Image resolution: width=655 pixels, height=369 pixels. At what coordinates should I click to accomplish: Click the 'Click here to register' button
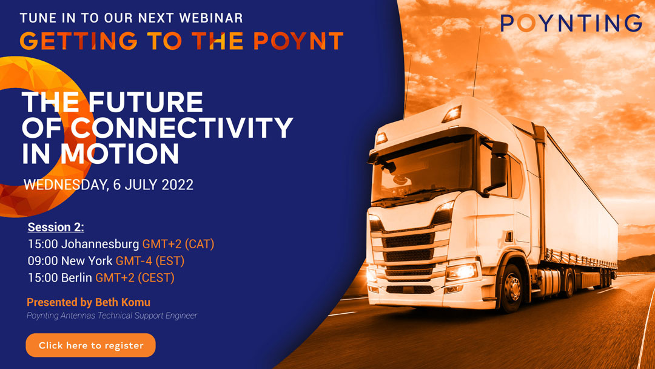point(90,345)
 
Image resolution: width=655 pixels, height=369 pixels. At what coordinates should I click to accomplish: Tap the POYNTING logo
point(571,23)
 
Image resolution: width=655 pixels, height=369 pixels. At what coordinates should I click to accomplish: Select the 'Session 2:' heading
point(56,227)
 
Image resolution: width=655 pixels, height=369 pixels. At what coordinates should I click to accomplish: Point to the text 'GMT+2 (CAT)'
point(178,243)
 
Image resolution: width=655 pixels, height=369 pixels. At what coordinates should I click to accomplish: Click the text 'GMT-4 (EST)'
point(150,261)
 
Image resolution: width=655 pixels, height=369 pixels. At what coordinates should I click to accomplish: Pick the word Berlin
point(76,277)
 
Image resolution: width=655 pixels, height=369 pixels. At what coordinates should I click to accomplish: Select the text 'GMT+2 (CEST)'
point(135,277)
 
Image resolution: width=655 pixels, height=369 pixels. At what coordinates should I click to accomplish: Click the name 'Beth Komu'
point(123,302)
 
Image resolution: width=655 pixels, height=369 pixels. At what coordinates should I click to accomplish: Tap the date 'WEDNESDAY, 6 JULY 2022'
point(108,184)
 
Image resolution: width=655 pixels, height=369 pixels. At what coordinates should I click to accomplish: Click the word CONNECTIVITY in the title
point(182,127)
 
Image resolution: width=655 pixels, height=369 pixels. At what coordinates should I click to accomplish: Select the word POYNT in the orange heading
point(298,41)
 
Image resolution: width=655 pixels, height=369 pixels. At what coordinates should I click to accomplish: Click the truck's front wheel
point(511,288)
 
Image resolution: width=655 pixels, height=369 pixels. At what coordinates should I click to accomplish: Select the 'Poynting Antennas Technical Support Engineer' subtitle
point(112,316)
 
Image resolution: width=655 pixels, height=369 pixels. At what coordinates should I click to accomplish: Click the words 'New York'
point(87,261)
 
